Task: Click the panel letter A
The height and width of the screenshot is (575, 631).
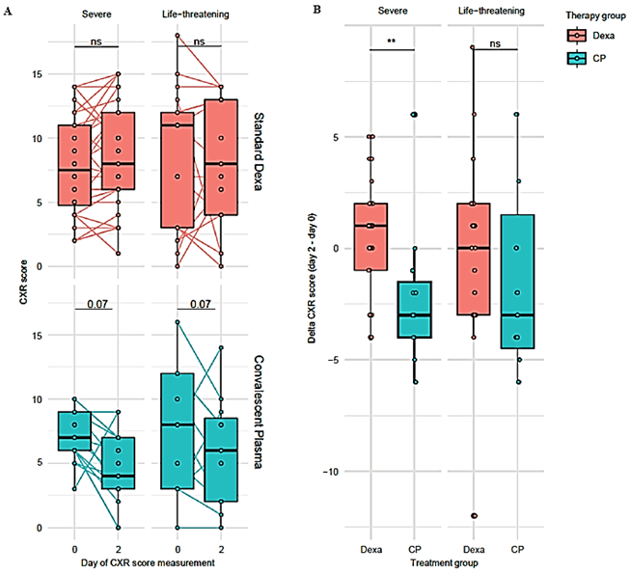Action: coord(8,12)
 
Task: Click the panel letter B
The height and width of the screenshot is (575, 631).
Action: coord(316,10)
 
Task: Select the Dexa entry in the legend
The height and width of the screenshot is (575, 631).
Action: coord(591,36)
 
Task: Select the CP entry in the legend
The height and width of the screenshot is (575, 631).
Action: coord(587,58)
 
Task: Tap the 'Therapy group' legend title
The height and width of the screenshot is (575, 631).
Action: coord(595,15)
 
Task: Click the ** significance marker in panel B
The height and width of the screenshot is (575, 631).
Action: coord(391,41)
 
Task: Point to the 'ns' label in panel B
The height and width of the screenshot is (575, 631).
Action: coord(495,43)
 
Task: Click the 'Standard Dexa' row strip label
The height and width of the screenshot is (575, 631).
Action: coord(259,151)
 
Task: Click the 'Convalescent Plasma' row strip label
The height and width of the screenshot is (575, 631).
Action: coord(259,412)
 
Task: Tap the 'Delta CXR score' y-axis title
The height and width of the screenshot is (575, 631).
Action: coord(312,278)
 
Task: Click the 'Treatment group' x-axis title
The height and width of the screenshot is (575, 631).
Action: coord(444,562)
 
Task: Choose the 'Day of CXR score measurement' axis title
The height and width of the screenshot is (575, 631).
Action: coord(148,562)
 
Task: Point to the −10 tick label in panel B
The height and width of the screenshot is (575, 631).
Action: coord(331,471)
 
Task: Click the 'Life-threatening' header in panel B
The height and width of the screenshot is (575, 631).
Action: coord(491,11)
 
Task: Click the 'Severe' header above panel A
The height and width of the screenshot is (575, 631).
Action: coord(96,14)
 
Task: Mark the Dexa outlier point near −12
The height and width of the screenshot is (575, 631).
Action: coord(474,515)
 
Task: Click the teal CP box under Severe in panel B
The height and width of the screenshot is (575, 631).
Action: coord(415,310)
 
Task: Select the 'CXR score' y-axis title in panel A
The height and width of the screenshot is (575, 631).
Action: coord(24,282)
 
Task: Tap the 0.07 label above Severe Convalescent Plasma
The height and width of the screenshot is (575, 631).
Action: coord(97,303)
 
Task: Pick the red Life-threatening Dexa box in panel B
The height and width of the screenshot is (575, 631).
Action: coord(474,260)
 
